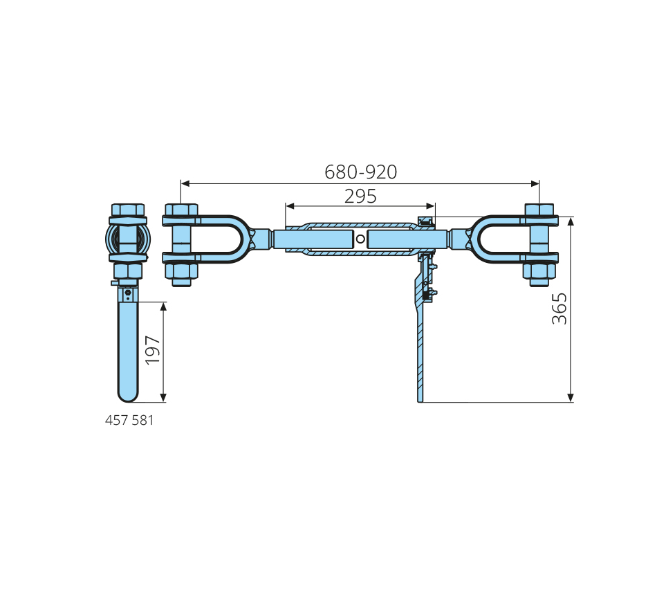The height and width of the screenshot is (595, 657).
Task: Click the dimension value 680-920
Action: pyautogui.click(x=361, y=172)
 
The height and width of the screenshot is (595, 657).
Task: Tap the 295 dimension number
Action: pyautogui.click(x=360, y=196)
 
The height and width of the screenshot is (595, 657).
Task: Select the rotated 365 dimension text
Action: pyautogui.click(x=559, y=309)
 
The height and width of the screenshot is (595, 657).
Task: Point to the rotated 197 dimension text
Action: pyautogui.click(x=153, y=350)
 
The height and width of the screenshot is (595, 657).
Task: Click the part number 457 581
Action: pyautogui.click(x=129, y=420)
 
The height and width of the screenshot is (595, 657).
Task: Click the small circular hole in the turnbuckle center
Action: pyautogui.click(x=360, y=239)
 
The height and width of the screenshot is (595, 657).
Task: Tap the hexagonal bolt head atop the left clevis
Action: pyautogui.click(x=181, y=210)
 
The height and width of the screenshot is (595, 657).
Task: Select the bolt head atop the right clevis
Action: pyautogui.click(x=539, y=210)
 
